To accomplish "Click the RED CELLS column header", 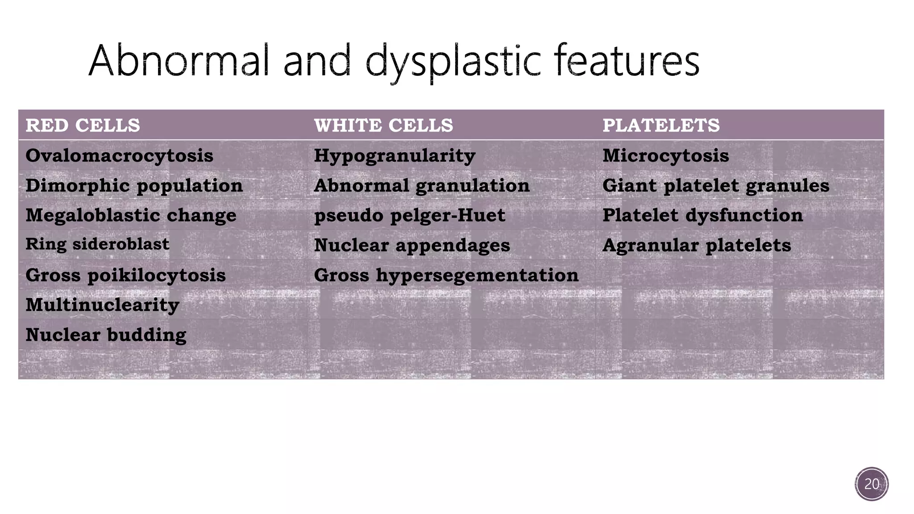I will tap(83, 125).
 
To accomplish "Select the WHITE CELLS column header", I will tap(383, 125).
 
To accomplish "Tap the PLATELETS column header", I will tap(661, 125).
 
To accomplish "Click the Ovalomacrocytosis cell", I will tap(119, 156).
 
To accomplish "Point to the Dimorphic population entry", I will tap(134, 186).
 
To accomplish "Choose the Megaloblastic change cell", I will tap(131, 216).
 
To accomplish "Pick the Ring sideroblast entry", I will tap(97, 244).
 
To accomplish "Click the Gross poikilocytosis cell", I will tap(125, 275).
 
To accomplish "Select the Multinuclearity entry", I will tap(102, 305).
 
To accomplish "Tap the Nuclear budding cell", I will tap(106, 335).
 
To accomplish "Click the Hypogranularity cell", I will tap(395, 156).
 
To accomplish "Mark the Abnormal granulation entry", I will tap(422, 186).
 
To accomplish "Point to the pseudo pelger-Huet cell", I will tap(410, 216).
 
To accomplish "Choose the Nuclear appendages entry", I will tap(412, 245).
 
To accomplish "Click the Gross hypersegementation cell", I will tap(446, 275).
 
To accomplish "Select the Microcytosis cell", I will tap(665, 156).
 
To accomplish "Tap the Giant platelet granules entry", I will tap(716, 186).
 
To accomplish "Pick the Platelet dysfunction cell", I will tap(702, 216).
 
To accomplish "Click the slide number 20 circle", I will tap(872, 484).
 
